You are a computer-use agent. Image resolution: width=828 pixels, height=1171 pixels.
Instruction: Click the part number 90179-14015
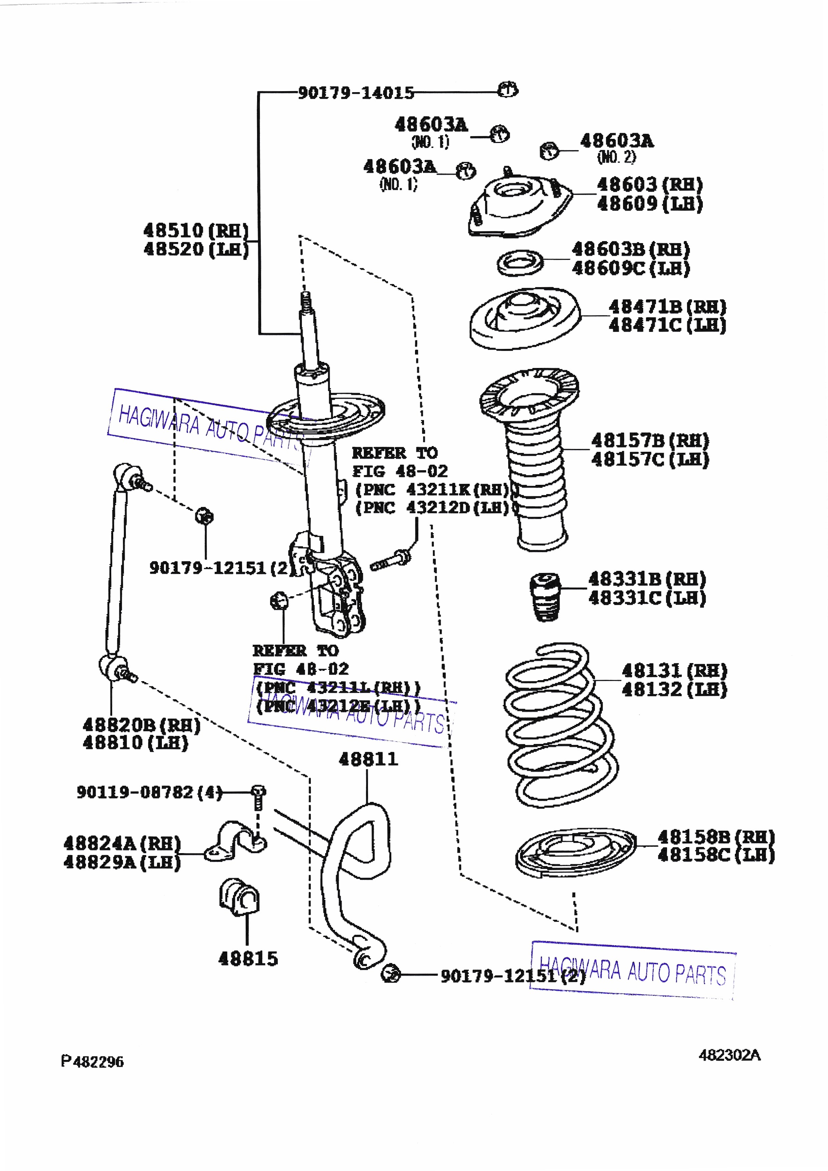click(356, 93)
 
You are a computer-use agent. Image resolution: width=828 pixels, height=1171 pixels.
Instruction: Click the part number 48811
click(368, 759)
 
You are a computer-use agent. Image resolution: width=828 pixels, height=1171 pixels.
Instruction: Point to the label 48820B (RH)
click(141, 725)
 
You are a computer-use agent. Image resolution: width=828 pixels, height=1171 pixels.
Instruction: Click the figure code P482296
click(92, 1062)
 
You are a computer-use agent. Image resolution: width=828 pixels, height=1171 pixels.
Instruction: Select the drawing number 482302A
click(729, 1055)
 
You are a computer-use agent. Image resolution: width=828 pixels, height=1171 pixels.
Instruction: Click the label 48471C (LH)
click(667, 325)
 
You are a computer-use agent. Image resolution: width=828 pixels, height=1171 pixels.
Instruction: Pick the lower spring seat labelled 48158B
click(575, 852)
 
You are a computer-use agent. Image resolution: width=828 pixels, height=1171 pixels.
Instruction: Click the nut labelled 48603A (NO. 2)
click(549, 151)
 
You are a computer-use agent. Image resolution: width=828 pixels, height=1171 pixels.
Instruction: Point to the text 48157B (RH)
click(650, 440)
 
